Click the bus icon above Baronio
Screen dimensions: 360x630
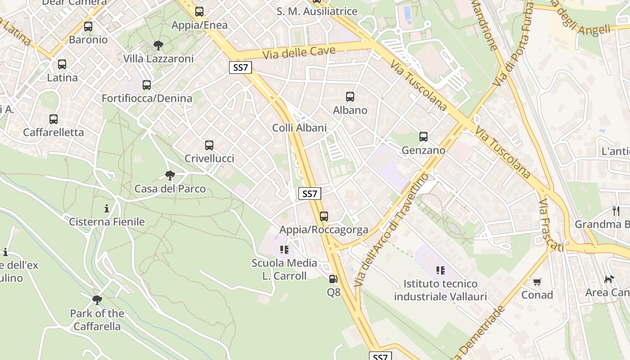coord(88,27)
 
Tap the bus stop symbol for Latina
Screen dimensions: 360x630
coord(62,64)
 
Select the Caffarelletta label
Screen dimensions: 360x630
coord(54,132)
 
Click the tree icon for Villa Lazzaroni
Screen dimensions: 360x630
coord(158,45)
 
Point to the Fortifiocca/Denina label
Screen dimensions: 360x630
coord(147,98)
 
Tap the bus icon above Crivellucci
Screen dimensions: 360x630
coord(209,145)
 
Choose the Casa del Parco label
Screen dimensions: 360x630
coord(170,189)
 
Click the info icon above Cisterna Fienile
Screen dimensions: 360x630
coord(107,208)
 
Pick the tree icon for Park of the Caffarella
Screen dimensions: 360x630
coord(97,300)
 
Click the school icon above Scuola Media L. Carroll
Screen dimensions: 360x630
coord(284,249)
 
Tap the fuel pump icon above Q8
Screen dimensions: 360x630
coord(333,279)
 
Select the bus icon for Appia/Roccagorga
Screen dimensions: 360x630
coord(324,216)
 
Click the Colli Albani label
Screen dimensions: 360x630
coord(299,128)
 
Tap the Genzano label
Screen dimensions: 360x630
coord(423,150)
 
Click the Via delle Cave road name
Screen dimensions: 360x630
coord(299,52)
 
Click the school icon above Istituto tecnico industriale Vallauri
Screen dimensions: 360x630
coord(441,270)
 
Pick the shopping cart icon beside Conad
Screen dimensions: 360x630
coord(537,282)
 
